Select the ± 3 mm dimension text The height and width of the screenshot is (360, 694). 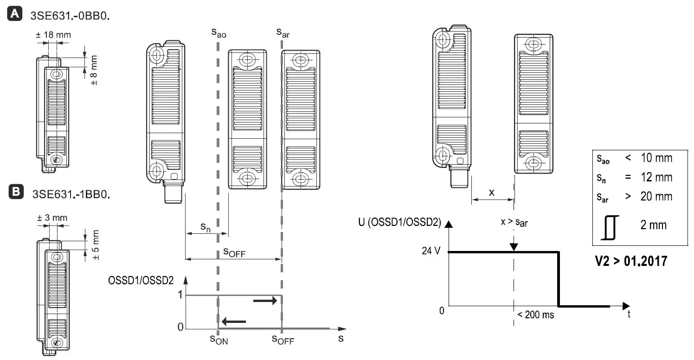click(x=52, y=218)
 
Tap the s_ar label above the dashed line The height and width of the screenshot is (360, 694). click(x=283, y=32)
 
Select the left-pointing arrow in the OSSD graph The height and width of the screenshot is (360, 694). click(x=233, y=321)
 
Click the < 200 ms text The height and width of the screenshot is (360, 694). click(x=535, y=315)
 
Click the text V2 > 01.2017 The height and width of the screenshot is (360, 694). click(x=631, y=261)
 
